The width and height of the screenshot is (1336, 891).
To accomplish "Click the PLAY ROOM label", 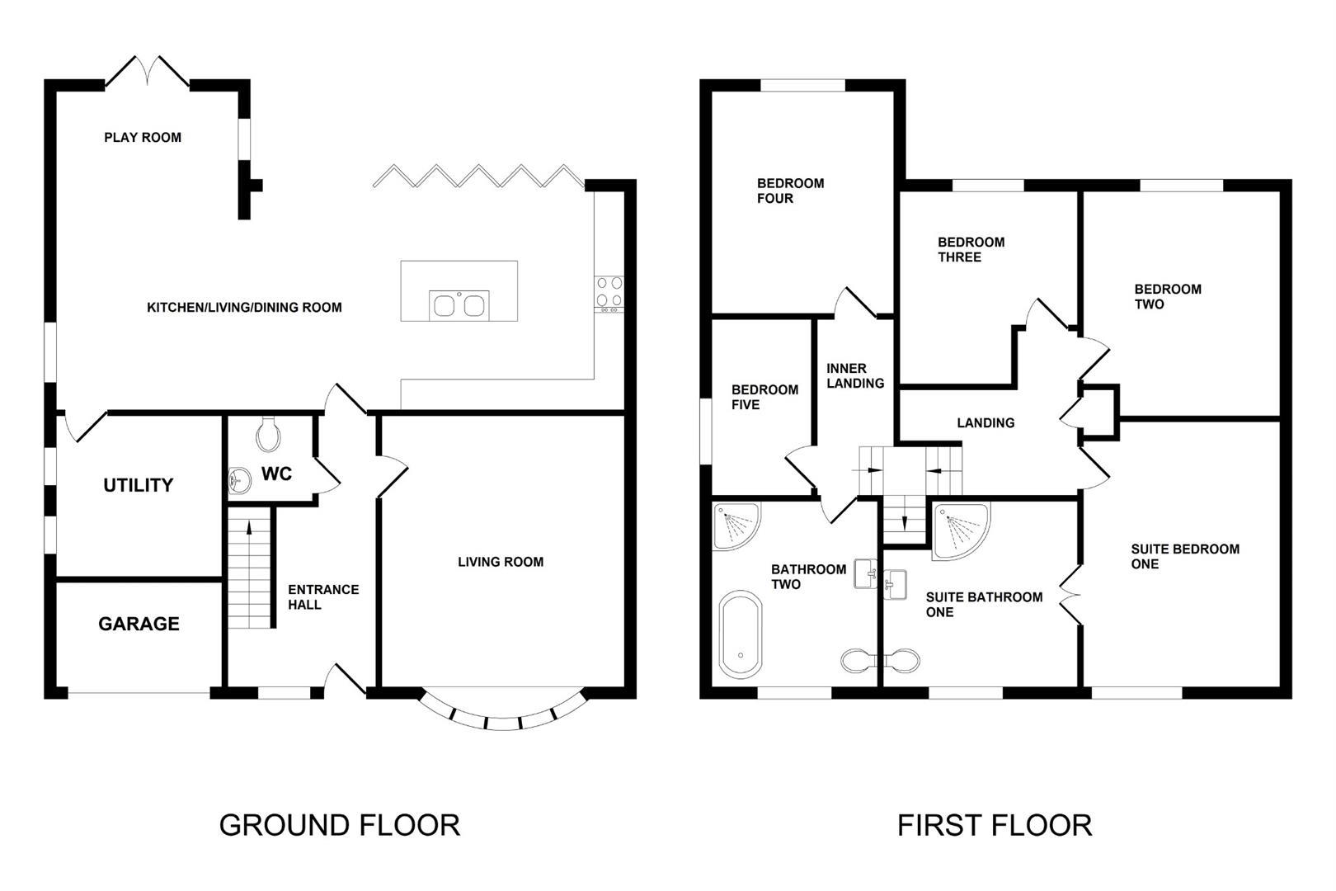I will [143, 138].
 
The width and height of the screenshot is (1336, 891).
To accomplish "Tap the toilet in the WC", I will [268, 434].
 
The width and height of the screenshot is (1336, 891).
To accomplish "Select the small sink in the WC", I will [239, 479].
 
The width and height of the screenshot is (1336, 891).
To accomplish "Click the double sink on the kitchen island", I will [459, 305].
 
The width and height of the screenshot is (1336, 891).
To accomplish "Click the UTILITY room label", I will [138, 485].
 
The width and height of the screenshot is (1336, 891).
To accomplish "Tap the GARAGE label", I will [139, 624].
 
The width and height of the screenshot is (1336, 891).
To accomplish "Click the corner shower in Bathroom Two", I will [734, 526].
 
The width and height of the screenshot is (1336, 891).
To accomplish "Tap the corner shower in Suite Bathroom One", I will [960, 530].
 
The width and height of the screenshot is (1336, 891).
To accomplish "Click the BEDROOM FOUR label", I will [790, 191].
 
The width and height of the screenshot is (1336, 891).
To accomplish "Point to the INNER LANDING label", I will [854, 376].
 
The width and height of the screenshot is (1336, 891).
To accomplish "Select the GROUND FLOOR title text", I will [339, 825].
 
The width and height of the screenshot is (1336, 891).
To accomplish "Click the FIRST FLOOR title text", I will [995, 825].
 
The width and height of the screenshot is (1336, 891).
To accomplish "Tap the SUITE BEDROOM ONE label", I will [1184, 557].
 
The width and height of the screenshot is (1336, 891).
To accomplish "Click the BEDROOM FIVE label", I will [764, 397].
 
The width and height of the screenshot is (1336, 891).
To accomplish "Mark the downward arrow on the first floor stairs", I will [905, 523].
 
